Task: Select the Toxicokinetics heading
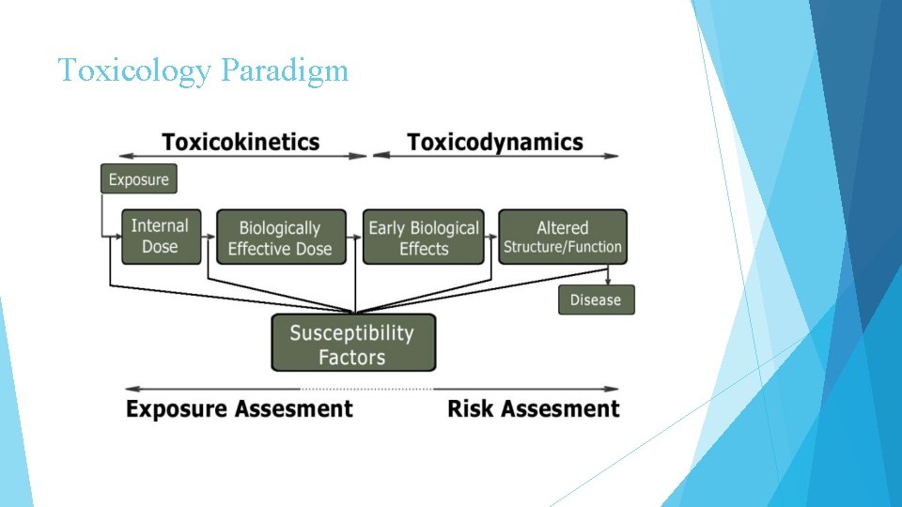(x=241, y=142)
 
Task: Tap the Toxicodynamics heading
(x=495, y=142)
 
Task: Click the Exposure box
(x=139, y=179)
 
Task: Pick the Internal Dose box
(x=161, y=237)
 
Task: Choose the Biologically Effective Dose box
(x=281, y=238)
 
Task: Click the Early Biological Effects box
(x=424, y=238)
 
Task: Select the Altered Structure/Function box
(x=562, y=237)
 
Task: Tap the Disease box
(x=596, y=300)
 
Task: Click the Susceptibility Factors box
(x=352, y=344)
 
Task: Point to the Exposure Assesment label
(x=240, y=409)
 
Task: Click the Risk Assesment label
(x=534, y=409)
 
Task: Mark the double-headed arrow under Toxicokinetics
(x=243, y=156)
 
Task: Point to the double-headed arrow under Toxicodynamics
(x=496, y=156)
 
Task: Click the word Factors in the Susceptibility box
(x=352, y=358)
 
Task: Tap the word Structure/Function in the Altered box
(x=562, y=247)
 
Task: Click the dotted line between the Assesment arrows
(x=366, y=389)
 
